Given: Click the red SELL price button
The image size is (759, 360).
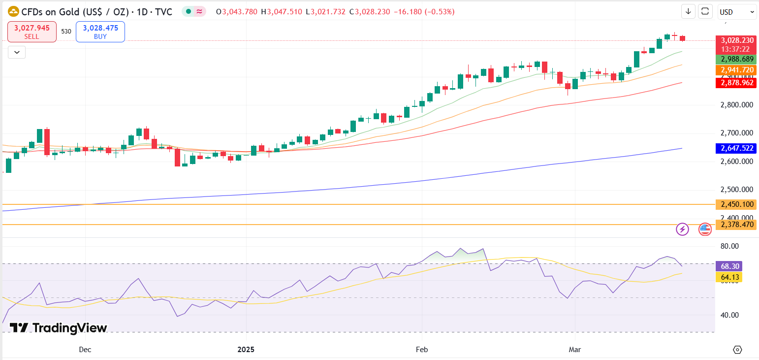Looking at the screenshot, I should [x=32, y=32].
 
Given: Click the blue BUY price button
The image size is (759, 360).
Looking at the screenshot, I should [x=100, y=32].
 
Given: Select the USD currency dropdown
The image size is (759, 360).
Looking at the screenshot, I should [x=737, y=12].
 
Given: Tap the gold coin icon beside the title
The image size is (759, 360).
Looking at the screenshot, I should [x=14, y=12].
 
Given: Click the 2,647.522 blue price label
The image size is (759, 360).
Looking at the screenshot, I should [x=735, y=148].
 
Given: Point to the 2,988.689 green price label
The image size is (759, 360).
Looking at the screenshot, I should [x=735, y=59].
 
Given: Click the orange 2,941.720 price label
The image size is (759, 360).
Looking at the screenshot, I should [x=735, y=70].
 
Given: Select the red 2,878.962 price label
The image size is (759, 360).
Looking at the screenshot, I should [x=735, y=83].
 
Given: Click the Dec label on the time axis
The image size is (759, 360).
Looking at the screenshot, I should [x=85, y=350].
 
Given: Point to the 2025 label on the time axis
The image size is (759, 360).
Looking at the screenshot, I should [x=246, y=350].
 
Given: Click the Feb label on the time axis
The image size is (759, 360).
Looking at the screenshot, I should [x=422, y=350].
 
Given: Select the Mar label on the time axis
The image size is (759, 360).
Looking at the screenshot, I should [x=574, y=350].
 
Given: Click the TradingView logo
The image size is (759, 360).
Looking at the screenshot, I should [x=58, y=328].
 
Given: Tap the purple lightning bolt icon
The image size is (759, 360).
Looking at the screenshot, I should [x=682, y=229].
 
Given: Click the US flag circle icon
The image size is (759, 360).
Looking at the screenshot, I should [x=705, y=229].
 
